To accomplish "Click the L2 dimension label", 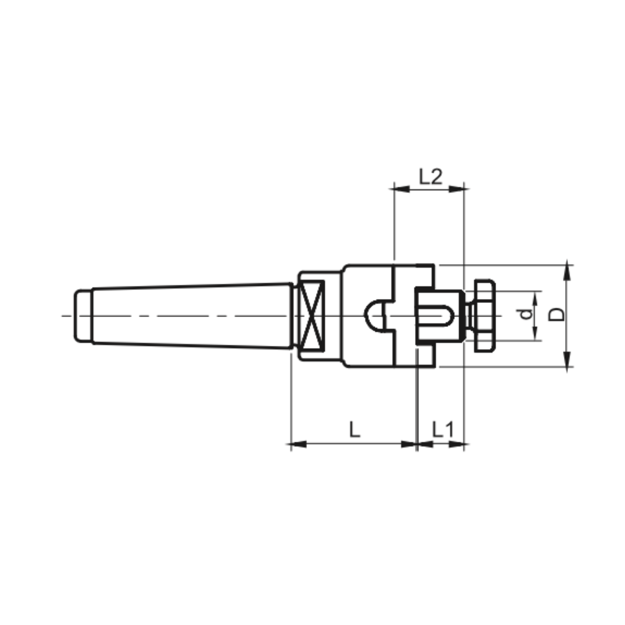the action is (430, 177).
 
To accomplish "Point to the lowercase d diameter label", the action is (527, 314).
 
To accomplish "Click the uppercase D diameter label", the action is (556, 315).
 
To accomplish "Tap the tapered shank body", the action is (192, 315).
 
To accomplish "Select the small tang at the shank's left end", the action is (83, 316).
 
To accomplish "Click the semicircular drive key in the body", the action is (375, 316).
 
